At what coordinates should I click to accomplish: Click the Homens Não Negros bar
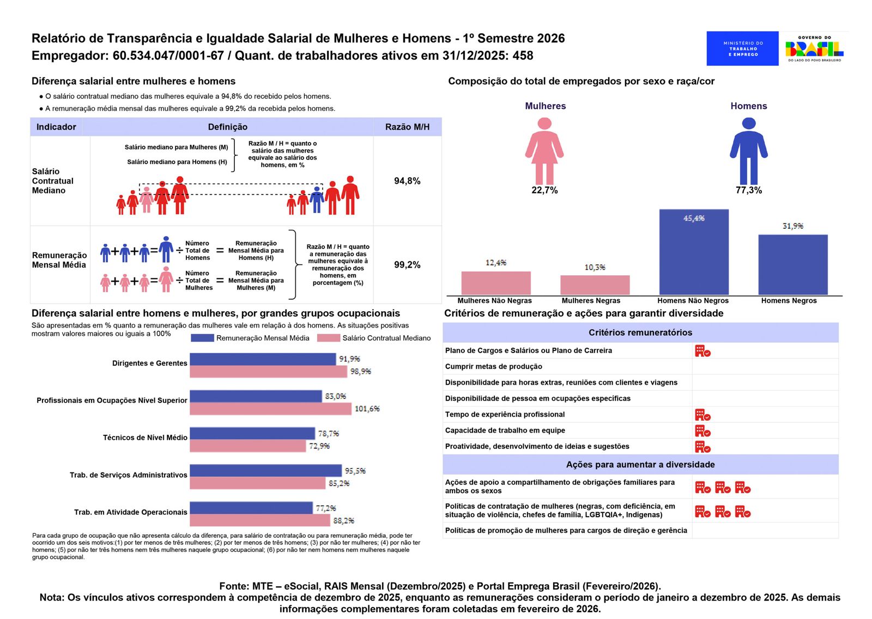[x=694, y=252]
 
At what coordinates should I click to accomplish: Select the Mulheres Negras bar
[x=595, y=285]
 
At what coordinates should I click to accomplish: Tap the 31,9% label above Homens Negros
[x=792, y=226]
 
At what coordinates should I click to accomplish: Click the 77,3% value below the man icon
[x=748, y=190]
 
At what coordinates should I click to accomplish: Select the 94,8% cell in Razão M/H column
[x=407, y=181]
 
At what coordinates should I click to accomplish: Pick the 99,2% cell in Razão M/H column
[x=407, y=265]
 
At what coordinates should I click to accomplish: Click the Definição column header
[x=227, y=127]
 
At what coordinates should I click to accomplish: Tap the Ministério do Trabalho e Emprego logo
[x=742, y=48]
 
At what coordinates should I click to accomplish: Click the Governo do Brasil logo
[x=814, y=48]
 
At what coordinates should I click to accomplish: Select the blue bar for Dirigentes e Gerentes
[x=263, y=359]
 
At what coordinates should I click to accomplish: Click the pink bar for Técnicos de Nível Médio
[x=248, y=446]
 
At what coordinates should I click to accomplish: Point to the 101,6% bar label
[x=367, y=409]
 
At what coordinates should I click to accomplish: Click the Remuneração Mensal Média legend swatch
[x=202, y=338]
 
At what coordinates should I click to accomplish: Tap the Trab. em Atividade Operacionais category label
[x=131, y=512]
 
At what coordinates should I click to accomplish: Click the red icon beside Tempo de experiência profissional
[x=703, y=415]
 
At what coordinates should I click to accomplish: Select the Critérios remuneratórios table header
[x=640, y=332]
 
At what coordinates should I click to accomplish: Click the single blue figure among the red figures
[x=317, y=199]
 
